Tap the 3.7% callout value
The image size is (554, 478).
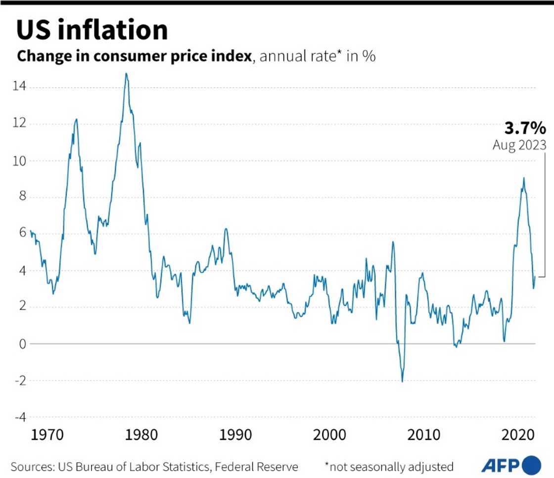(525, 129)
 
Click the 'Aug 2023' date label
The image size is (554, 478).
(519, 145)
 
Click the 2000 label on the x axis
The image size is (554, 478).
(328, 435)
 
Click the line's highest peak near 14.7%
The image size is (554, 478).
(126, 74)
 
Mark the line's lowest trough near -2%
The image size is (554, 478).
(402, 381)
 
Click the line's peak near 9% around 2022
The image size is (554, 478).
(524, 178)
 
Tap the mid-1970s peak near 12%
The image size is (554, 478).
(76, 119)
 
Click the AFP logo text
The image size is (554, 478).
(500, 466)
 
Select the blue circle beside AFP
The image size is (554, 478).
(532, 466)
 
